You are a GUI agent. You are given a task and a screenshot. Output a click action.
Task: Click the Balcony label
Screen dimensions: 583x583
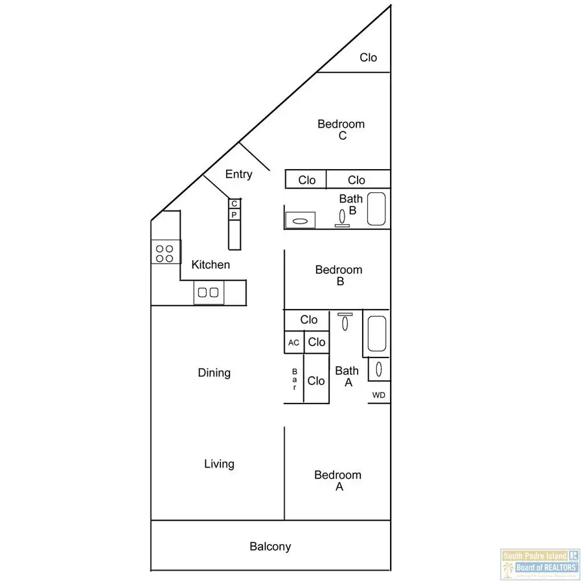[270, 547]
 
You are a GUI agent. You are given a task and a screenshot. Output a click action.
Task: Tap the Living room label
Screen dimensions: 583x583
[219, 464]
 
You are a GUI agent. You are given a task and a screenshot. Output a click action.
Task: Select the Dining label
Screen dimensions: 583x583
[214, 373]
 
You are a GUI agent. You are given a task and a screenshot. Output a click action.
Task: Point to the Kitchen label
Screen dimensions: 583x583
[211, 265]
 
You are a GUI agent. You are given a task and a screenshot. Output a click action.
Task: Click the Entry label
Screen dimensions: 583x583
[238, 174]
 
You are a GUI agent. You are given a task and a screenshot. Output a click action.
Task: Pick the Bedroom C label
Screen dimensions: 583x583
[341, 130]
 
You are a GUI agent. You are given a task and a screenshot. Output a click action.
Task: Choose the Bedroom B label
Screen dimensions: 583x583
[339, 275]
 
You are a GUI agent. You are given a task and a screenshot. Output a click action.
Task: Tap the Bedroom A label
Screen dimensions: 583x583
[337, 481]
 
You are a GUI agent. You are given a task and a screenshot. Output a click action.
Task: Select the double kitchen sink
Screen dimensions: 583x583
[209, 293]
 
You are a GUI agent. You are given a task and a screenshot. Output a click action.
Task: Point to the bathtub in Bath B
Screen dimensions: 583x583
[377, 209]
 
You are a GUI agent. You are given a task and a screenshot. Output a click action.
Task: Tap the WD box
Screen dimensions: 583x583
[379, 395]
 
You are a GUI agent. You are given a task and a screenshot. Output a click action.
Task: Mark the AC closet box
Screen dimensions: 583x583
[294, 343]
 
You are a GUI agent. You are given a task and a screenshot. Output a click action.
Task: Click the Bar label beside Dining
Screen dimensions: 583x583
[294, 380]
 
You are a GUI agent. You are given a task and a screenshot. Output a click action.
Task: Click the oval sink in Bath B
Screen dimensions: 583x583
[300, 221]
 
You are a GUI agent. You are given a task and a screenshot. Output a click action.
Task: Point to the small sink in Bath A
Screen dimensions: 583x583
[379, 369]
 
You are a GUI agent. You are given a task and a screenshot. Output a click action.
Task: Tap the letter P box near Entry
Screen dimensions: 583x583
[234, 214]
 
